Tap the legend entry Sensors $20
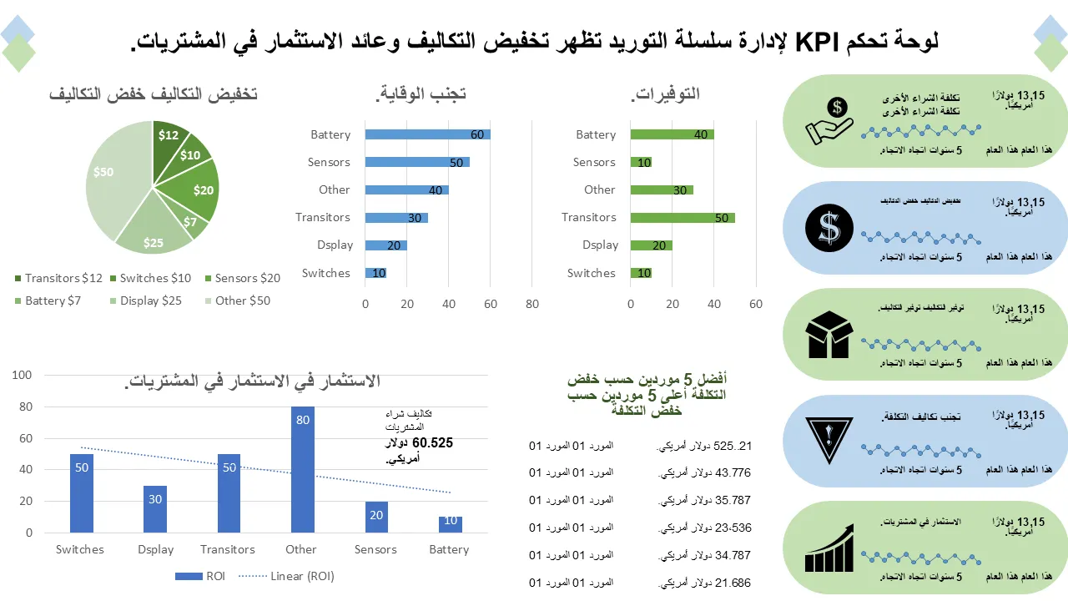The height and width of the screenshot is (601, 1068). click(242, 278)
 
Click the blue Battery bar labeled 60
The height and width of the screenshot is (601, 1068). click(427, 134)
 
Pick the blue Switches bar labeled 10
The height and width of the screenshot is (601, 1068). click(375, 273)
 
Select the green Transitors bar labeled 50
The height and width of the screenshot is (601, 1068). click(683, 217)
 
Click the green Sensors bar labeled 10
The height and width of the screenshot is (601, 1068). click(641, 162)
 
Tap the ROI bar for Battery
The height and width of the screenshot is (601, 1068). click(450, 524)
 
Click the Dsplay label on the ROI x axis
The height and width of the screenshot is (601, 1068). click(155, 549)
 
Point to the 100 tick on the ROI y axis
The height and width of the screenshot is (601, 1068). click(22, 376)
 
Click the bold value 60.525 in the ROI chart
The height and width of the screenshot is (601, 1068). click(432, 442)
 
